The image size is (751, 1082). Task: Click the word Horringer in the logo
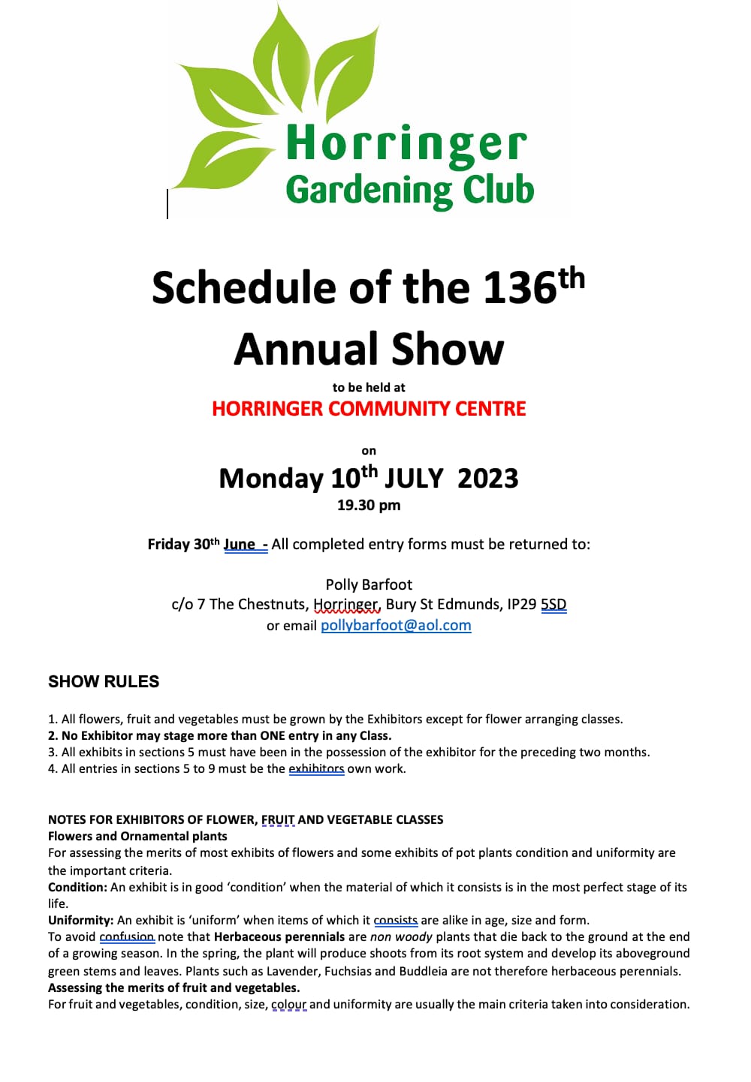406,144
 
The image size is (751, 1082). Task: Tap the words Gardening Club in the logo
409,190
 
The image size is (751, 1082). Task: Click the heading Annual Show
369,349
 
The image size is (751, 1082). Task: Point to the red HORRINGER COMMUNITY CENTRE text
369,409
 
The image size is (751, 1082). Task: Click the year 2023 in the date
487,479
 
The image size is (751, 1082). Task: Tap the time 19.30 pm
369,505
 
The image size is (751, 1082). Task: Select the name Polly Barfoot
369,585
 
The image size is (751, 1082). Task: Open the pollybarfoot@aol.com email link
396,626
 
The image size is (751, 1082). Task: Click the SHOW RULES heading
104,681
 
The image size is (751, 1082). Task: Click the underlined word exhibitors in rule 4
316,769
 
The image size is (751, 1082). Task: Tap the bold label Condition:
77,888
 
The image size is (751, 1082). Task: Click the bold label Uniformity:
80,921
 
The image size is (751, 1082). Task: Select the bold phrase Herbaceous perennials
279,937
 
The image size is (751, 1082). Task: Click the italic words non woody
401,937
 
